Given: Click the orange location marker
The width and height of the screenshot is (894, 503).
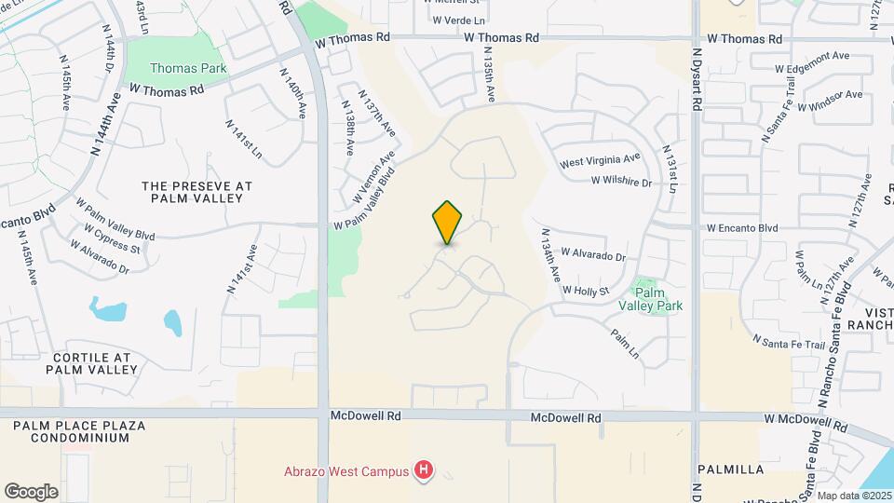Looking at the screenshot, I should click(x=448, y=222).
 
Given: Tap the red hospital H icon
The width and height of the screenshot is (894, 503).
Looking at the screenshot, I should click(x=425, y=469).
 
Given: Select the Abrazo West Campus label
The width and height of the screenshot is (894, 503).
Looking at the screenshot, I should click(x=347, y=470).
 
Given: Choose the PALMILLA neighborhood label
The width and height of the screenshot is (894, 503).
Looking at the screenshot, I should click(x=730, y=469).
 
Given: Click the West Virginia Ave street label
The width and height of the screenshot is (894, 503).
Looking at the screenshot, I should click(x=600, y=161).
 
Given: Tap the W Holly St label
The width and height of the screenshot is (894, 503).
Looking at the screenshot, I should click(x=585, y=291).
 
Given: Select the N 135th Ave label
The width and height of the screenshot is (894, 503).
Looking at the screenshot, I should click(x=487, y=76).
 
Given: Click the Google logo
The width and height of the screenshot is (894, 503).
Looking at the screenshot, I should click(x=31, y=492).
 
